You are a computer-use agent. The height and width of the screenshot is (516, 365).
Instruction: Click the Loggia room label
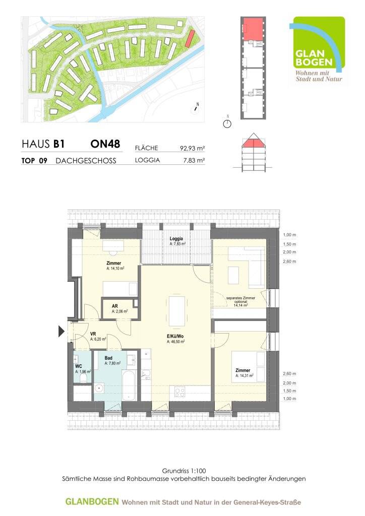coord(176,238)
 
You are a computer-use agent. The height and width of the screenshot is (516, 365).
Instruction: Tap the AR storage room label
coord(114,306)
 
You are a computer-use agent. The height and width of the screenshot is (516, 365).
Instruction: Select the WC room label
coord(78,366)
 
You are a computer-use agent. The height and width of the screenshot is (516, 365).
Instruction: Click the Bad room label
coord(108,358)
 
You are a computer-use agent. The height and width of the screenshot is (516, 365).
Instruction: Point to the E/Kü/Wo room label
coord(175,336)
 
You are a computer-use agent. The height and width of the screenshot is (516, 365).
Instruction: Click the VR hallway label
coord(93,334)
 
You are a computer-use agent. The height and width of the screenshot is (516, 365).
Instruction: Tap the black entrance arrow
coord(61,331)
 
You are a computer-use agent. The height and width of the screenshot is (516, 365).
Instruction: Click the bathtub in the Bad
coord(129,385)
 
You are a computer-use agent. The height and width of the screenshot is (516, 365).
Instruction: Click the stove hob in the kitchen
coord(179,392)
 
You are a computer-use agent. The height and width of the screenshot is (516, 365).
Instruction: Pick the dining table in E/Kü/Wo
coord(177,311)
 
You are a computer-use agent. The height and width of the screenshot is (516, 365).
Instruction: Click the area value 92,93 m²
coord(192,149)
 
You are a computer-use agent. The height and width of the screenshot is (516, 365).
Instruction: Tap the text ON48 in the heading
coord(105,144)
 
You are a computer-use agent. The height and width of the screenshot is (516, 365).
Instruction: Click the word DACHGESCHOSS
coord(86,161)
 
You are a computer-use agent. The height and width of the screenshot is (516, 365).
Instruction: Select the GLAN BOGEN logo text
coord(314,57)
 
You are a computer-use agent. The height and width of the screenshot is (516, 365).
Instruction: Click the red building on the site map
coord(190,39)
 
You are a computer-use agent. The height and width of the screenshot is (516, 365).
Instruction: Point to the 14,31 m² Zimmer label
coord(243,372)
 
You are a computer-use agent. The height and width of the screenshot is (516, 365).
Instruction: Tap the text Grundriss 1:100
coord(184,471)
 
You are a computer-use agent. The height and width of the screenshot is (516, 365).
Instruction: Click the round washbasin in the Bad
coord(98,389)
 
